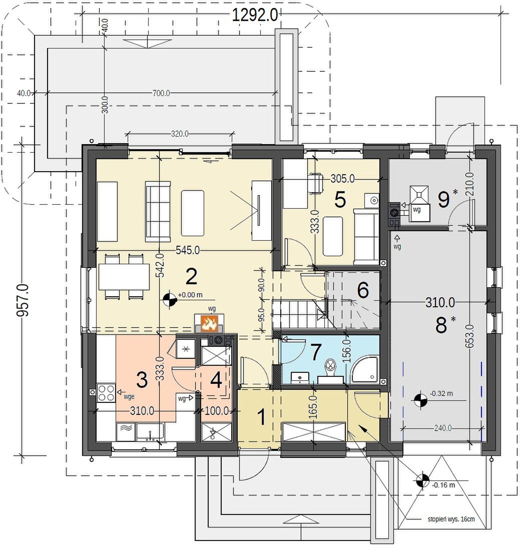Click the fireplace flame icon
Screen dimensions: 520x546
(x=209, y=323)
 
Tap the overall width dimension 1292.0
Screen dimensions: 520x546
(x=255, y=16)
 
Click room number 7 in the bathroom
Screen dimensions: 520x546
(x=315, y=352)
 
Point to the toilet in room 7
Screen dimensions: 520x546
(x=330, y=370)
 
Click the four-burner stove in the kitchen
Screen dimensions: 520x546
(x=106, y=392)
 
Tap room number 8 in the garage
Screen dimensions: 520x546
(x=441, y=325)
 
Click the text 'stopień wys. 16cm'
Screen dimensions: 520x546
(x=451, y=519)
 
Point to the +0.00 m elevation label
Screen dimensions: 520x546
(x=190, y=295)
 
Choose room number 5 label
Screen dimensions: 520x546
(x=340, y=200)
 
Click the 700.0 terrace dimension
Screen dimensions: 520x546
(x=161, y=93)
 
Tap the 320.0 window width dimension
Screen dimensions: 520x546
(x=180, y=134)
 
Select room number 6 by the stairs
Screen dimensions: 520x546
(x=363, y=290)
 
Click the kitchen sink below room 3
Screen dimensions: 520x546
(x=150, y=432)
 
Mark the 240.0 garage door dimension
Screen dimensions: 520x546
(x=443, y=427)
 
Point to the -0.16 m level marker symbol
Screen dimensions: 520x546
(x=423, y=481)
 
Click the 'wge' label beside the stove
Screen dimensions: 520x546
(x=129, y=396)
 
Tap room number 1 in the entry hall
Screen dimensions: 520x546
(x=261, y=416)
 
